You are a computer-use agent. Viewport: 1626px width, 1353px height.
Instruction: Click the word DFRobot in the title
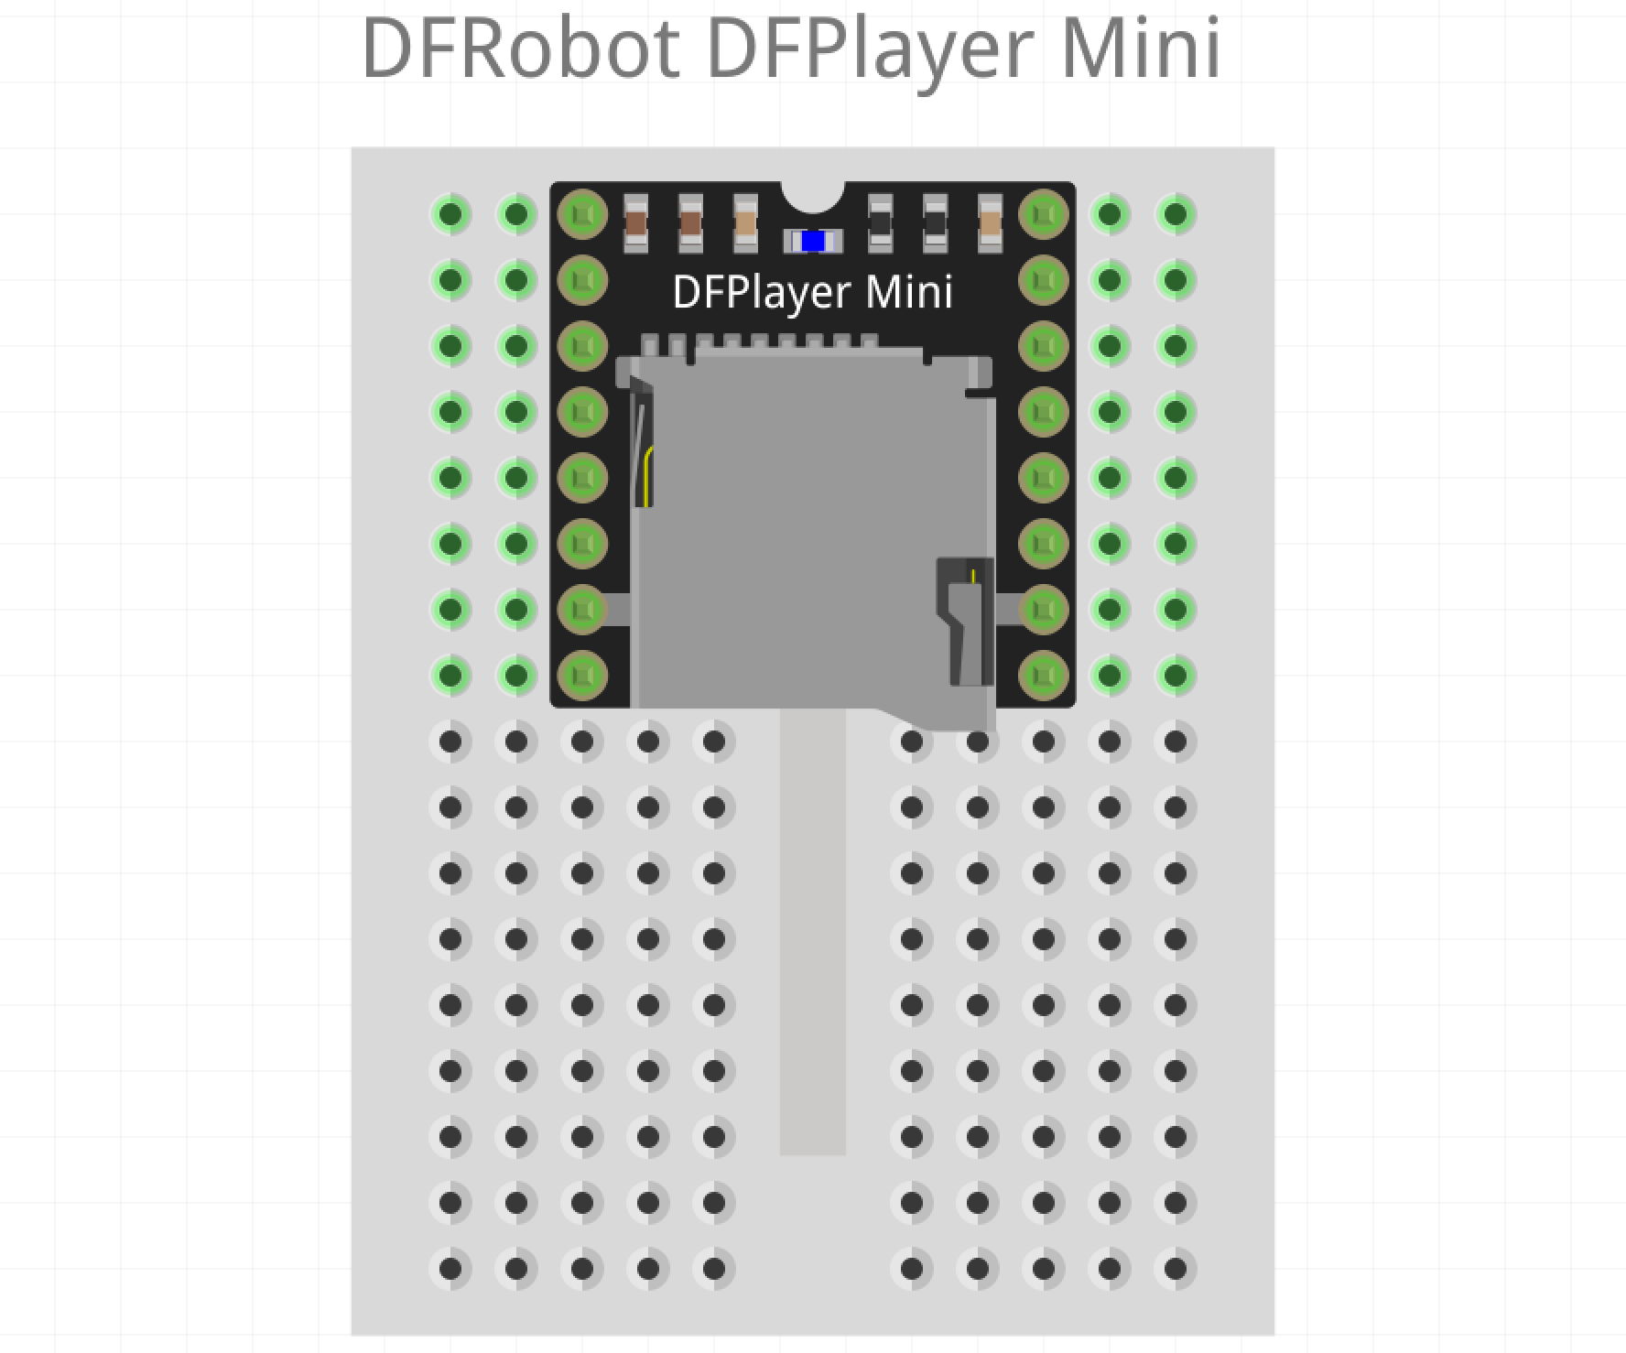520,48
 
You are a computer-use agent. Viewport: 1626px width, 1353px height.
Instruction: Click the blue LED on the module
812,242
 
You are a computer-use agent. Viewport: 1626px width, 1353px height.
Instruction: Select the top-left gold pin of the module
582,214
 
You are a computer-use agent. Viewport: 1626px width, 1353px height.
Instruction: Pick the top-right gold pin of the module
1043,214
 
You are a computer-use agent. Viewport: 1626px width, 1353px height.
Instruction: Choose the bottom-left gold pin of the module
582,676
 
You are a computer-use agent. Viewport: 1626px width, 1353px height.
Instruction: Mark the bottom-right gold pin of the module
1043,676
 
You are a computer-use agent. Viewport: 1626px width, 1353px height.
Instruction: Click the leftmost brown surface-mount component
635,223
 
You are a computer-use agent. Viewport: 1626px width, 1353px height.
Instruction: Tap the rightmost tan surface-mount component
990,223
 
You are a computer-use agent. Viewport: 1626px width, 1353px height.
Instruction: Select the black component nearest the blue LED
880,223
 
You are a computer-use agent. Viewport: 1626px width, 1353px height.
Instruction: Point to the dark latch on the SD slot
966,622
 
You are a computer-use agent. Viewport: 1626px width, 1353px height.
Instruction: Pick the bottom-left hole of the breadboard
450,1269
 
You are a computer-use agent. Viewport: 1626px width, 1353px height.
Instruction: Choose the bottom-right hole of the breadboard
1176,1269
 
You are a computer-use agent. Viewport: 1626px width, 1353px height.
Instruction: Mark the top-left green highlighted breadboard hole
450,214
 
